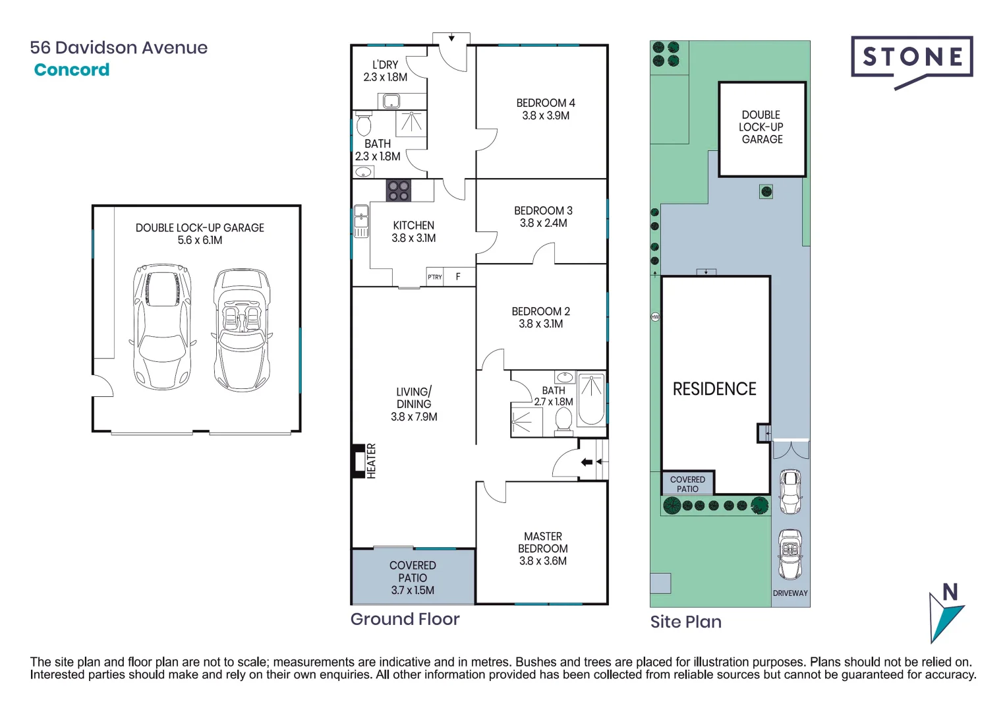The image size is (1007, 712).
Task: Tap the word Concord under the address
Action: (72, 70)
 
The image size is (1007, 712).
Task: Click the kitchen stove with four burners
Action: (398, 191)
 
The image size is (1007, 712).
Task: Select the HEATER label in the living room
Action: (371, 460)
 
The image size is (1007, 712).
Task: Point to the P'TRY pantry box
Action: (435, 277)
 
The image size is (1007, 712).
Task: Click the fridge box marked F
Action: (458, 277)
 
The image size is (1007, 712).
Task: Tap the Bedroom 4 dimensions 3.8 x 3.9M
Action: (546, 116)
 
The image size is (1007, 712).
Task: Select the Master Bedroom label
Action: (543, 543)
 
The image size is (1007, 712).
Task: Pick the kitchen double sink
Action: (360, 221)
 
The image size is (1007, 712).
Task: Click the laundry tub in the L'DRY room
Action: (391, 102)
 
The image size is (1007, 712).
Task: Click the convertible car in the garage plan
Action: (242, 330)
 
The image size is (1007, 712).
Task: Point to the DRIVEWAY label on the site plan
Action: (790, 593)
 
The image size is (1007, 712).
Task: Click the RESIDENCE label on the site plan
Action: (714, 389)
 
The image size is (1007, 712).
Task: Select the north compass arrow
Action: (945, 613)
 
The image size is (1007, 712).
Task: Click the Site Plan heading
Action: (685, 622)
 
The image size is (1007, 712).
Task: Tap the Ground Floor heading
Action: (405, 619)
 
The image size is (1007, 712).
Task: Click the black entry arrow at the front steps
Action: (587, 462)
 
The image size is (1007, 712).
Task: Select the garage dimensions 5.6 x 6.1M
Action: (200, 241)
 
